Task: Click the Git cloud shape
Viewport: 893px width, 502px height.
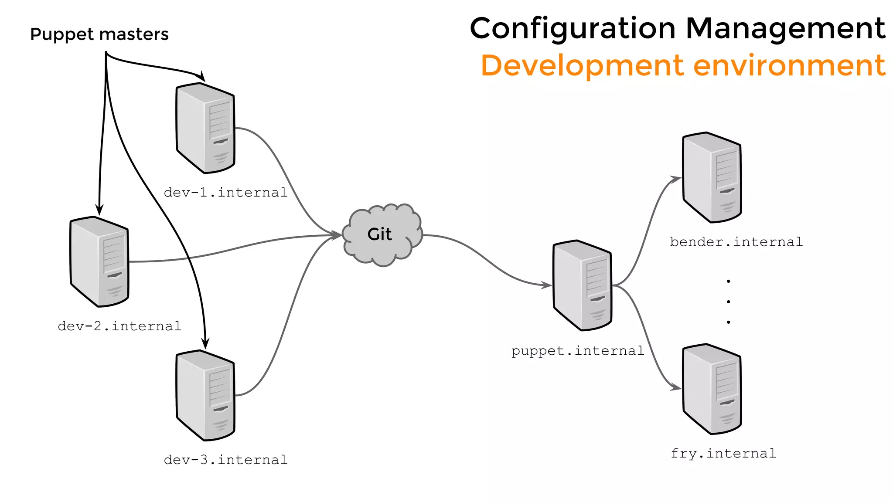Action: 382,235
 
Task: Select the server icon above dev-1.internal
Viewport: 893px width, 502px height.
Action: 205,128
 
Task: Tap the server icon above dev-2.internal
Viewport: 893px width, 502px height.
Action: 99,261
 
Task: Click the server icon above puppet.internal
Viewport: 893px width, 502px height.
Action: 583,285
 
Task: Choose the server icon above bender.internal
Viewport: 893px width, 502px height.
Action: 712,177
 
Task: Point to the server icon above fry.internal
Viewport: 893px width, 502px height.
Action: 712,389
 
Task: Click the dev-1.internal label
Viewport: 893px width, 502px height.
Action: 225,192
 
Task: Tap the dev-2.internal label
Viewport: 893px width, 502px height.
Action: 119,326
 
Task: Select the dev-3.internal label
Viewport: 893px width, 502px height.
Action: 225,460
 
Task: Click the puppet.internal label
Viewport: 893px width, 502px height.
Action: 577,351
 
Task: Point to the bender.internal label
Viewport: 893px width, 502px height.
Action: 736,242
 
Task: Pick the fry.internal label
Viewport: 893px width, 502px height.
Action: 723,454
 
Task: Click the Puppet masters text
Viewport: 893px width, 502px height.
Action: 99,34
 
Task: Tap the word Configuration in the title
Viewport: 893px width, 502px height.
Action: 573,29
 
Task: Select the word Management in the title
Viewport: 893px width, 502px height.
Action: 785,29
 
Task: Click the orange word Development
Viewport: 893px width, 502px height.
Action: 582,65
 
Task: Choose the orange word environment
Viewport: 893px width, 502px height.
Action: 789,65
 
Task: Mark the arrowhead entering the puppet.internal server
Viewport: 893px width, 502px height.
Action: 547,285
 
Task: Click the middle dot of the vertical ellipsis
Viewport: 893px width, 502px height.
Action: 728,302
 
